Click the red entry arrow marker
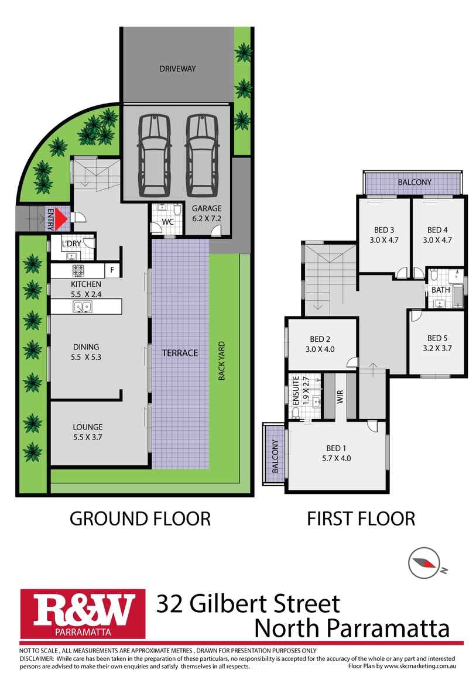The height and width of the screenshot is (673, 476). [x=63, y=220]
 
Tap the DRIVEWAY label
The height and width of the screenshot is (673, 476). [x=177, y=69]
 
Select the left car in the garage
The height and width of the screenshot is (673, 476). [x=153, y=156]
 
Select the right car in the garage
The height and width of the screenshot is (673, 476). [x=201, y=156]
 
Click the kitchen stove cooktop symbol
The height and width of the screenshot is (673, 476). [x=78, y=271]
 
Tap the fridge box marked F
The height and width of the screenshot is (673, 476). [x=112, y=271]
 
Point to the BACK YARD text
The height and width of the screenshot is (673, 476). [x=222, y=361]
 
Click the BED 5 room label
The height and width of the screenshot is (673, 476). [x=437, y=343]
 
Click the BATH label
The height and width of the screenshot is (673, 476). [x=440, y=290]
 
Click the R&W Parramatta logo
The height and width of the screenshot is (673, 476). [x=83, y=612]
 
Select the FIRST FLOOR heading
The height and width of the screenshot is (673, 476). [x=361, y=519]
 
